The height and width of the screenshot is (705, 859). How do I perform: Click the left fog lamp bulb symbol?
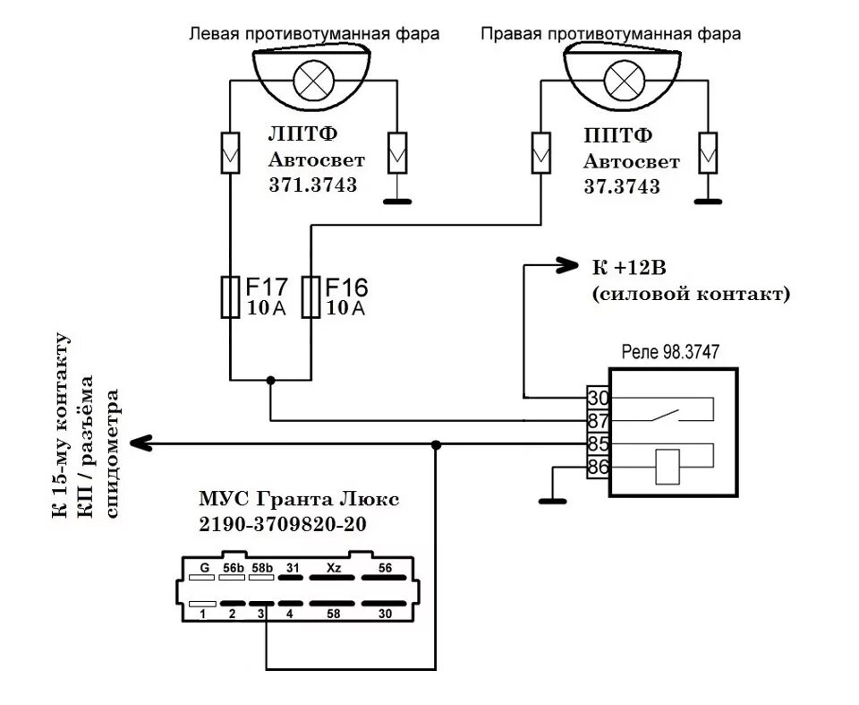[312, 81]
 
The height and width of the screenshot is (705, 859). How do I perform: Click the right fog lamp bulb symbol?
[621, 81]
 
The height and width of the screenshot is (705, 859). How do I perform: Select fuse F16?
[310, 297]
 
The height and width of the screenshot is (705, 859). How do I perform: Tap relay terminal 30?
[597, 397]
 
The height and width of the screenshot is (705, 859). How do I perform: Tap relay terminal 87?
[597, 419]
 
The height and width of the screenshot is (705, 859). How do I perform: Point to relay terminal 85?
[597, 443]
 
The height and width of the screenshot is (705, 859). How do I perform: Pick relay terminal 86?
[597, 466]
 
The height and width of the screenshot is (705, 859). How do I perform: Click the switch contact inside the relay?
[667, 416]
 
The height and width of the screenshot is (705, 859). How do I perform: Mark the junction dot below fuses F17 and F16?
[270, 381]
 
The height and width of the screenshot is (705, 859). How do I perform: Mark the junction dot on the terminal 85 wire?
[436, 443]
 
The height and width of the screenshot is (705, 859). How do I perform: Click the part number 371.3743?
[313, 185]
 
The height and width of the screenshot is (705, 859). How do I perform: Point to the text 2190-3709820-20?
[282, 526]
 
